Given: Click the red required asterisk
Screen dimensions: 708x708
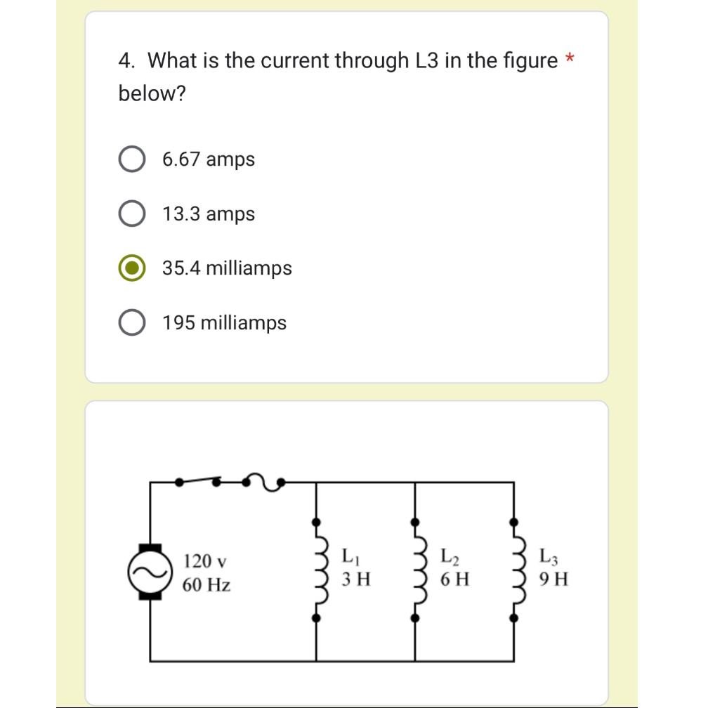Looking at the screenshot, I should (x=570, y=60).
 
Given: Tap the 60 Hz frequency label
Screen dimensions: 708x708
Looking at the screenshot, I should (x=207, y=584).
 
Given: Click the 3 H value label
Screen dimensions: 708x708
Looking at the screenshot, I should (x=356, y=580).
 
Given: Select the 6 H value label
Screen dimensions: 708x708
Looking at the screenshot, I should (x=454, y=580).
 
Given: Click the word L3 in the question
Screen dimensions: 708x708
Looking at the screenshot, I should (x=423, y=60).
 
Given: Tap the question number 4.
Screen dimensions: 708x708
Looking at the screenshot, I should (x=126, y=60).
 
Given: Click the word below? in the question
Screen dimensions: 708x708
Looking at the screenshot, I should (x=152, y=93).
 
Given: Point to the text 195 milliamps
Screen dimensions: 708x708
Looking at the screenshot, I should (x=225, y=323).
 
